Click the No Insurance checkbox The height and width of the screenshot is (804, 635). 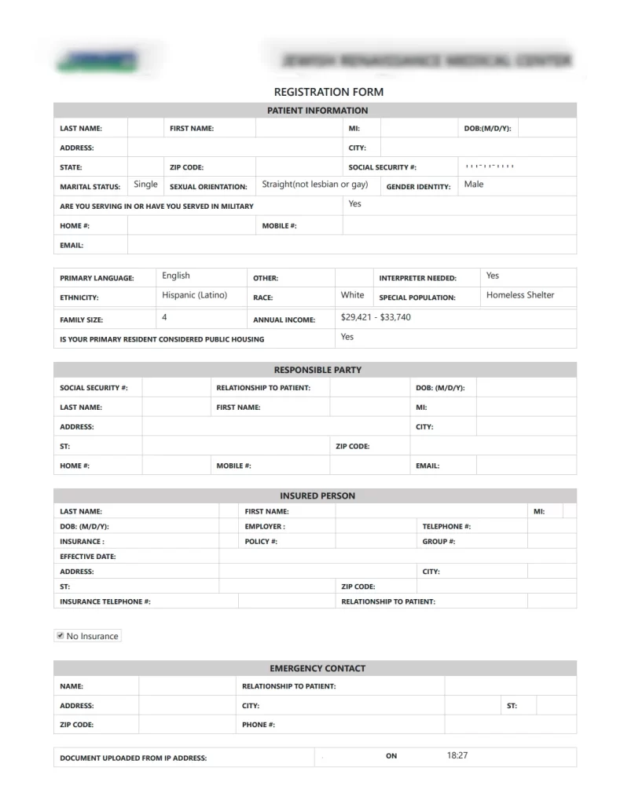pyautogui.click(x=60, y=635)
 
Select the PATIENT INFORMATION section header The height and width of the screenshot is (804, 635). pyautogui.click(x=317, y=111)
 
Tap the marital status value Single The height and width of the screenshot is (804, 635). pyautogui.click(x=145, y=185)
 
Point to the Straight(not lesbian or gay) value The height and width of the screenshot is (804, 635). pyautogui.click(x=314, y=185)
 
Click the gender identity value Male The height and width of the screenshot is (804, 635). pyautogui.click(x=474, y=185)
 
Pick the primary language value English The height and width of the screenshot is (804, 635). pyautogui.click(x=176, y=276)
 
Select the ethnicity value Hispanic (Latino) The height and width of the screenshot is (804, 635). pyautogui.click(x=194, y=295)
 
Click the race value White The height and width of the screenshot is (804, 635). pyautogui.click(x=352, y=295)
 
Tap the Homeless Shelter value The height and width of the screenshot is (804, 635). pyautogui.click(x=520, y=295)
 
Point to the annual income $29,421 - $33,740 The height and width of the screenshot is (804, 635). pyautogui.click(x=376, y=317)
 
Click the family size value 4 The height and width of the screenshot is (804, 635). pyautogui.click(x=164, y=317)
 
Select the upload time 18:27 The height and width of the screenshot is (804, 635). pyautogui.click(x=457, y=755)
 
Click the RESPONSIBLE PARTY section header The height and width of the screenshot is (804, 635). pyautogui.click(x=317, y=370)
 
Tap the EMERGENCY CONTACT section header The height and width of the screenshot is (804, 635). pyautogui.click(x=317, y=668)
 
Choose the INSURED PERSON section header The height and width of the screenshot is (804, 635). pyautogui.click(x=317, y=496)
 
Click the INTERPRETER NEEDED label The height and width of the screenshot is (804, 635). pyautogui.click(x=417, y=278)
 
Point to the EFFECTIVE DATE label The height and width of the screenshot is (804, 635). pyautogui.click(x=88, y=557)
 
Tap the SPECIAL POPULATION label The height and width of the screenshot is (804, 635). pyautogui.click(x=417, y=298)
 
